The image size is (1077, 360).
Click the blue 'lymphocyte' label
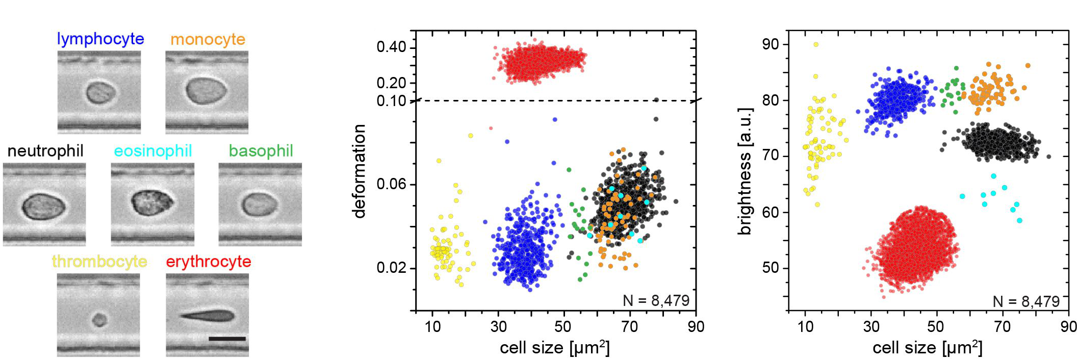coord(100,39)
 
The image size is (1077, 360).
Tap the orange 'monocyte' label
coord(208,39)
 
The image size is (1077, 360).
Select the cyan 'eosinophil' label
coord(152,151)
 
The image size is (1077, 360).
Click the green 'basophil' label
coord(261,151)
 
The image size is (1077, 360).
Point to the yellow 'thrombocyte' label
coord(99,262)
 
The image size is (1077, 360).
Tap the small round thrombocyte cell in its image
coord(99,320)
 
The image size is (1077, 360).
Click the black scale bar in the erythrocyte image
coord(227,339)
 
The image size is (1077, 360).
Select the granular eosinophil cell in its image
coord(152,202)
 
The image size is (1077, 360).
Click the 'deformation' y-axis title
coord(360,171)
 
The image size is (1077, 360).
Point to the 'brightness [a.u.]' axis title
coord(745,171)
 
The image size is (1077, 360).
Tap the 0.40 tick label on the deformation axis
coord(391,47)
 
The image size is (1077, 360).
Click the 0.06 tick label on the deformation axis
coord(391,184)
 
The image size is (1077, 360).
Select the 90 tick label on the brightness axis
coord(771,44)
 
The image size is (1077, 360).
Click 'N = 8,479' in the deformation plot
coord(656,301)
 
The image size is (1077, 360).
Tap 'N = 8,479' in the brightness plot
coord(1026,302)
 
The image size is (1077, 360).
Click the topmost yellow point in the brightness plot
coord(816,45)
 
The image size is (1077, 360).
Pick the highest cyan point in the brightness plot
coord(993,176)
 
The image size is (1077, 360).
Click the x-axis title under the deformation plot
coord(555,348)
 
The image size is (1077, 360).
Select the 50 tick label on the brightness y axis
coord(771,268)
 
